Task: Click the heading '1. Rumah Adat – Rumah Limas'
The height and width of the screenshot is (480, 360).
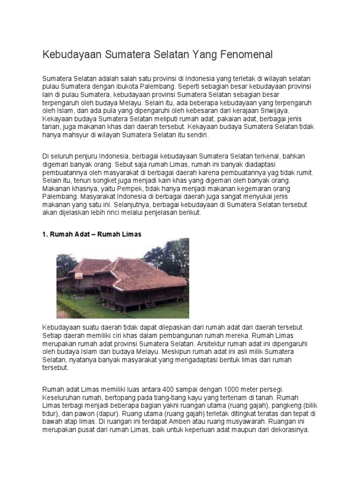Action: click(91, 233)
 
